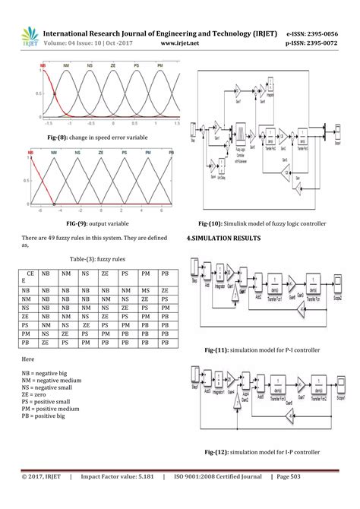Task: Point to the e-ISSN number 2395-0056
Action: pos(316,34)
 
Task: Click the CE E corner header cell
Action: pos(30,277)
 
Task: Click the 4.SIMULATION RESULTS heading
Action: pos(223,239)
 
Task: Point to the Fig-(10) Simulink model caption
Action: pos(261,224)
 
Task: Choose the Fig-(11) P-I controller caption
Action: pos(261,350)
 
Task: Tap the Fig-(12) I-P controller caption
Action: pos(261,452)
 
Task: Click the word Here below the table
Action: pos(28,358)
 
